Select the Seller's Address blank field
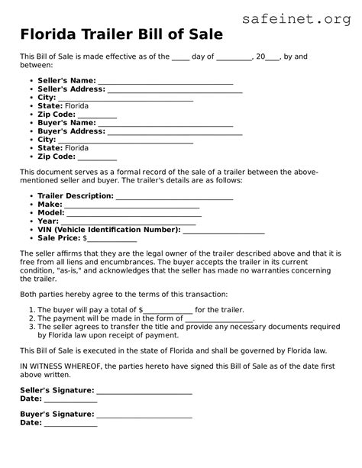pos(175,89)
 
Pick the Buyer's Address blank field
pos(175,131)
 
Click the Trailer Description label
pos(76,196)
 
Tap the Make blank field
pos(132,205)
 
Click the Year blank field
pos(129,221)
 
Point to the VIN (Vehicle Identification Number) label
pos(109,230)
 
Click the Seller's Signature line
pos(144,391)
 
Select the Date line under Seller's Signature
pos(70,399)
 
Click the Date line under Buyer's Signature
pos(70,423)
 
